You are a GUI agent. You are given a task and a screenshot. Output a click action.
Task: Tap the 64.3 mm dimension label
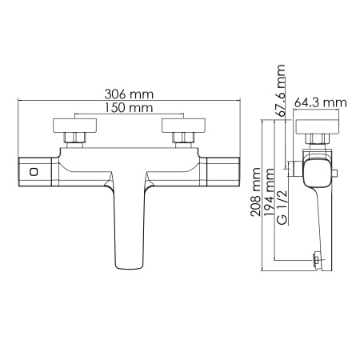319,102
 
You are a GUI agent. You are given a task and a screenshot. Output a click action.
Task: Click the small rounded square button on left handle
32,173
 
